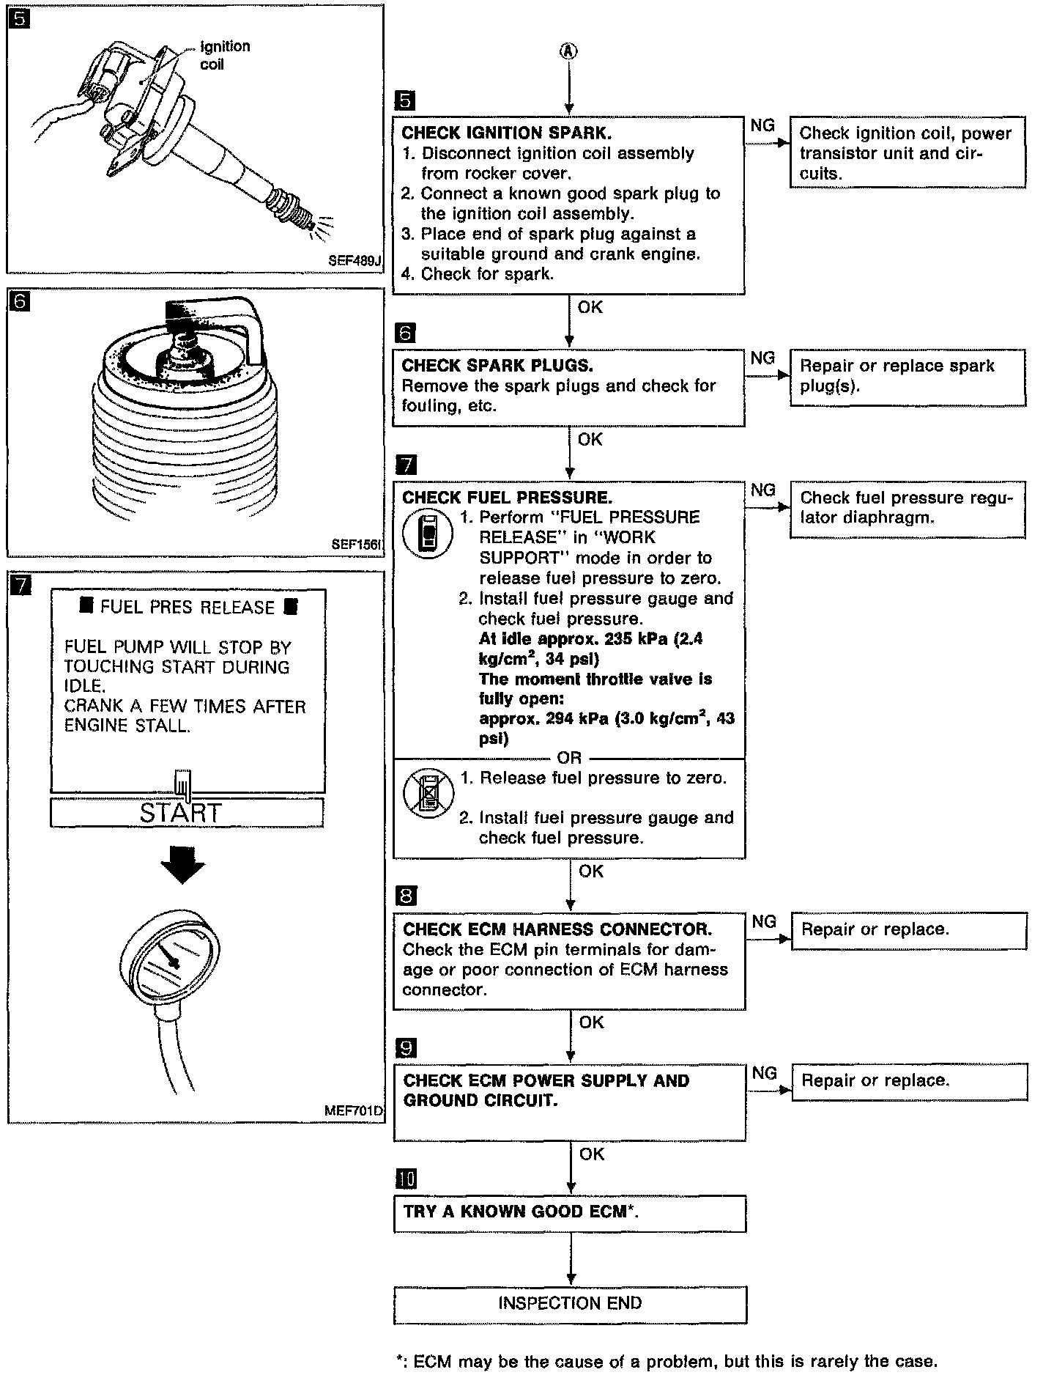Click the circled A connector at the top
coord(569,51)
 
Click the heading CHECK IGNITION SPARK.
coord(507,133)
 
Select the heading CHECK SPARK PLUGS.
coord(498,365)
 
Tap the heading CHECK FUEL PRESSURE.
coord(507,498)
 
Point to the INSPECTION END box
coord(570,1302)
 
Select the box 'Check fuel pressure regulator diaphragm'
coord(907,508)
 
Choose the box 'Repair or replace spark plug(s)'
coord(907,376)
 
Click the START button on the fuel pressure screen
coord(187,813)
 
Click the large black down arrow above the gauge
coord(182,864)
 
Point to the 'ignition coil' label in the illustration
coord(223,55)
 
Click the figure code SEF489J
coord(356,261)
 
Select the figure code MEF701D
coord(353,1110)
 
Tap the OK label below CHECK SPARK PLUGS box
coord(590,439)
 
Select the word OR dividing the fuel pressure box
coord(569,758)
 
